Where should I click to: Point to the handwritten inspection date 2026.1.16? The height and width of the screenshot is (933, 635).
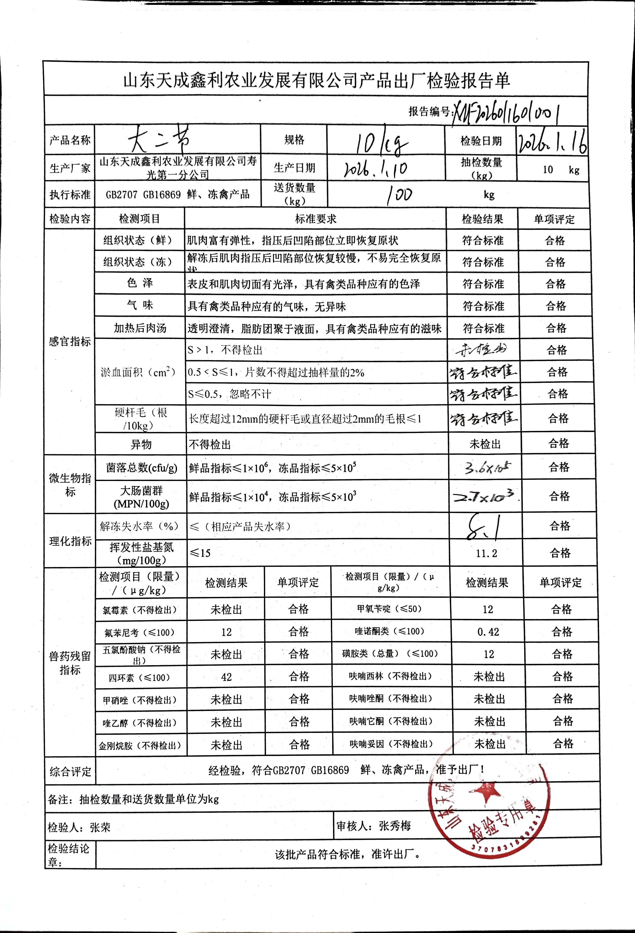tap(553, 141)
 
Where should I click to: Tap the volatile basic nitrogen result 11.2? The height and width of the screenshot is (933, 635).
tap(486, 553)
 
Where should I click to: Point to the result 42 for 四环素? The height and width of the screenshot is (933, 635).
tap(226, 677)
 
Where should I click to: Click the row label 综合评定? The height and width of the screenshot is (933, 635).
tap(70, 771)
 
